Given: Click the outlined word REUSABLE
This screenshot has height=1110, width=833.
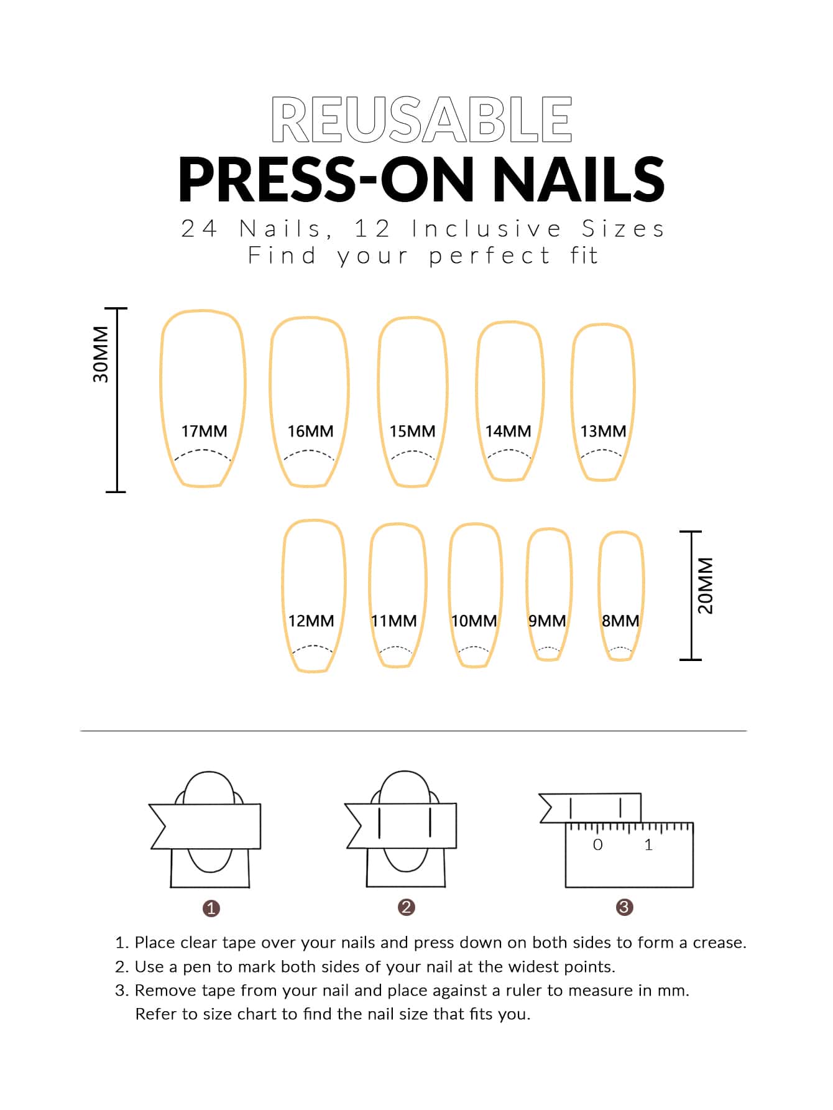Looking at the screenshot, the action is pyautogui.click(x=421, y=119).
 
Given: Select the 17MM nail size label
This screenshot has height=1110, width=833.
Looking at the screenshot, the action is pyautogui.click(x=204, y=431).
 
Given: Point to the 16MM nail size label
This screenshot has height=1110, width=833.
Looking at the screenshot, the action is pyautogui.click(x=310, y=431).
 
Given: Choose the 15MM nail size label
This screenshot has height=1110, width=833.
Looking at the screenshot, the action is pyautogui.click(x=412, y=431).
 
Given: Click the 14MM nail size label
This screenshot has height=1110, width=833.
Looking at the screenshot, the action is pyautogui.click(x=508, y=431).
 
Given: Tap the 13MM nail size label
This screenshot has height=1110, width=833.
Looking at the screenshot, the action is pyautogui.click(x=603, y=431).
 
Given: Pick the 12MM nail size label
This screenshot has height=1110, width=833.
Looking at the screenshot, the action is pyautogui.click(x=311, y=621).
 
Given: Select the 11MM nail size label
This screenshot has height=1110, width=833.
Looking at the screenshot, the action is pyautogui.click(x=394, y=621).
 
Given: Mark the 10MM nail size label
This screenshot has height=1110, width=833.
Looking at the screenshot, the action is pyautogui.click(x=474, y=621).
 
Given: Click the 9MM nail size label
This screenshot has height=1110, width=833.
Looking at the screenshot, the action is pyautogui.click(x=547, y=621).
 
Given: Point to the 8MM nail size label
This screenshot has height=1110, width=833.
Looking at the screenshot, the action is pyautogui.click(x=620, y=621).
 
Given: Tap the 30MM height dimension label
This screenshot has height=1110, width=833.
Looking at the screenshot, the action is pyautogui.click(x=101, y=354).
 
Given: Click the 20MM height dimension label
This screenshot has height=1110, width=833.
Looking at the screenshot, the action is pyautogui.click(x=706, y=586).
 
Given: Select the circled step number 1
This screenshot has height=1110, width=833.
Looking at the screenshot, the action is pyautogui.click(x=211, y=909).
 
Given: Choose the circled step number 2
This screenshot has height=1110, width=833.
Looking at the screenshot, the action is pyautogui.click(x=407, y=907).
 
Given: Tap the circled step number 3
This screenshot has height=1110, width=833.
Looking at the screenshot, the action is pyautogui.click(x=624, y=907).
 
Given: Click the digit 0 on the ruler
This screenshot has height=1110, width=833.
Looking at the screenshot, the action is pyautogui.click(x=598, y=844).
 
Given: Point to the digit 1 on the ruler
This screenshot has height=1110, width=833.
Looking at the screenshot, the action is pyautogui.click(x=648, y=844).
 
